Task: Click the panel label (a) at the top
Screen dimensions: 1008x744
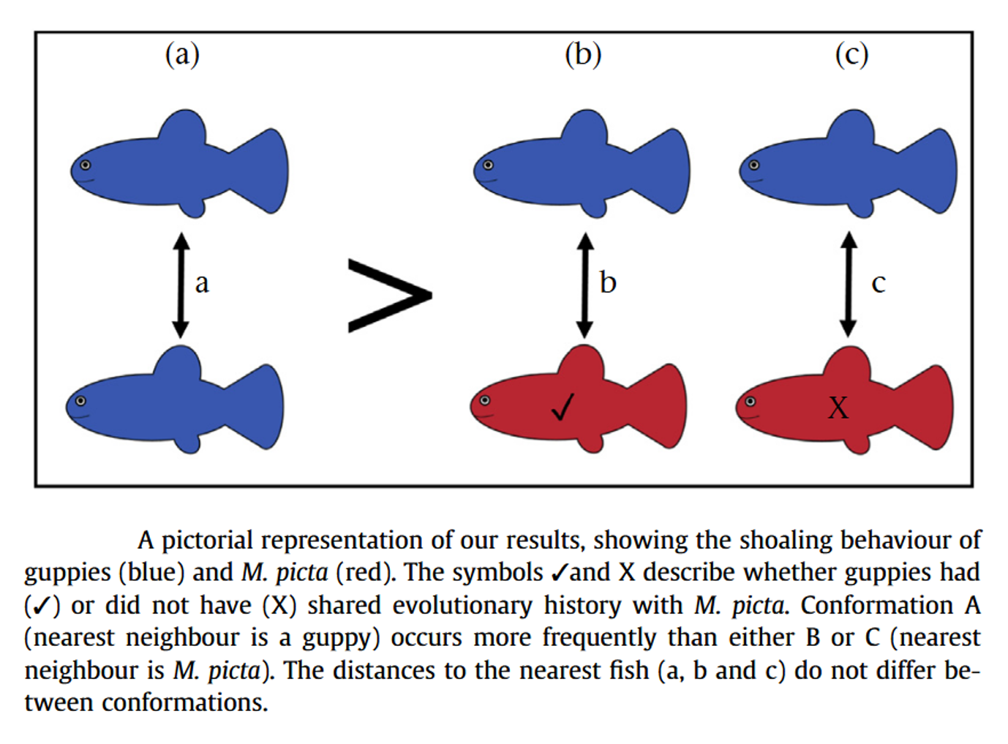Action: coord(182,55)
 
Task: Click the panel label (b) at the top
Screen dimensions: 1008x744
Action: coord(583,55)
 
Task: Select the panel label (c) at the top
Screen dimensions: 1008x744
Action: coord(851,55)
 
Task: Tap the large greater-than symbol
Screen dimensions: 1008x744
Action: coord(390,296)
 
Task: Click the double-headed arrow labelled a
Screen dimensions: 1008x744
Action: coord(181,285)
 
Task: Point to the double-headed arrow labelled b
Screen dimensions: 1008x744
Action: coord(585,285)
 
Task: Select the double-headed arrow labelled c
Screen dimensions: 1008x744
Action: coord(848,285)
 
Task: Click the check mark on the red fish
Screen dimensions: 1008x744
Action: coord(563,407)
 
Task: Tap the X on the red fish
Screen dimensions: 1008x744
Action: coord(838,407)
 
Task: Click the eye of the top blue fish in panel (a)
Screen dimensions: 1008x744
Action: coord(85,165)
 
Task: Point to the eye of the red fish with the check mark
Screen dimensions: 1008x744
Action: coord(485,400)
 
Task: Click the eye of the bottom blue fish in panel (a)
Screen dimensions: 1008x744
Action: coord(80,401)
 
